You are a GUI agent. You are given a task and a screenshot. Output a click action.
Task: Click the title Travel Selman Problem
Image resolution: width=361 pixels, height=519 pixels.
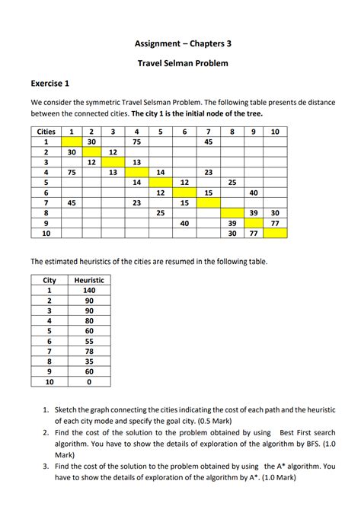(180, 63)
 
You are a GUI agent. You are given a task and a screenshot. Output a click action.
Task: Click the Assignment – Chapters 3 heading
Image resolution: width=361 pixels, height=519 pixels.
(180, 44)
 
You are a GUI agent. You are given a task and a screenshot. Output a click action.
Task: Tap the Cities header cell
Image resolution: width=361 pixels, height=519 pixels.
(46, 132)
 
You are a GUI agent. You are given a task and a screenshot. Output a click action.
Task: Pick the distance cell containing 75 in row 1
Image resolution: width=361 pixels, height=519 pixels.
(137, 142)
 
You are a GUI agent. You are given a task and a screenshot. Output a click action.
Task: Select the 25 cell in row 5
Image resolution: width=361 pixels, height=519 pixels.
(232, 183)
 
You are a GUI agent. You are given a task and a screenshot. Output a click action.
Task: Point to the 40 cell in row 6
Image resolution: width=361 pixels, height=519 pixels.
(254, 193)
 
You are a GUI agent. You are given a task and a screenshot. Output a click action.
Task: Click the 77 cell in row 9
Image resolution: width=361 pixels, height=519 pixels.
(275, 224)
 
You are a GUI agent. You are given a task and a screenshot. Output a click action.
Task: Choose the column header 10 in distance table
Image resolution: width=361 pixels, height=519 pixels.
(275, 132)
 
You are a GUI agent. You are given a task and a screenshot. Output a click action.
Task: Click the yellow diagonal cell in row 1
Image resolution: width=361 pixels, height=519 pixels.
(71, 142)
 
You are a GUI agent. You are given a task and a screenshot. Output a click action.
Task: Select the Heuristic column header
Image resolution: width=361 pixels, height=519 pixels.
(89, 280)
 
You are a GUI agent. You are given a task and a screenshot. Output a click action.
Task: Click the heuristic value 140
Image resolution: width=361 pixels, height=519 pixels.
(89, 290)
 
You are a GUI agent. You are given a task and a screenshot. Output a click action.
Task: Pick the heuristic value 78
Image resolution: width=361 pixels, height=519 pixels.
(89, 351)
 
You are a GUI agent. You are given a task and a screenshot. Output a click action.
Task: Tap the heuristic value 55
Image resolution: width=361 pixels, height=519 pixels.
(89, 341)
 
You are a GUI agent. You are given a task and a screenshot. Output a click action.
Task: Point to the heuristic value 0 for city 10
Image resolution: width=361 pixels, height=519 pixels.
(89, 381)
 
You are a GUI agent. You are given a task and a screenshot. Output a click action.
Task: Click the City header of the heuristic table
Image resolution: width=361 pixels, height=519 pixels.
(50, 280)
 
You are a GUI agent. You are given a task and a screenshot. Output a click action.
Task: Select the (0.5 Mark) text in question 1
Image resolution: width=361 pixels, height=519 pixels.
(225, 419)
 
